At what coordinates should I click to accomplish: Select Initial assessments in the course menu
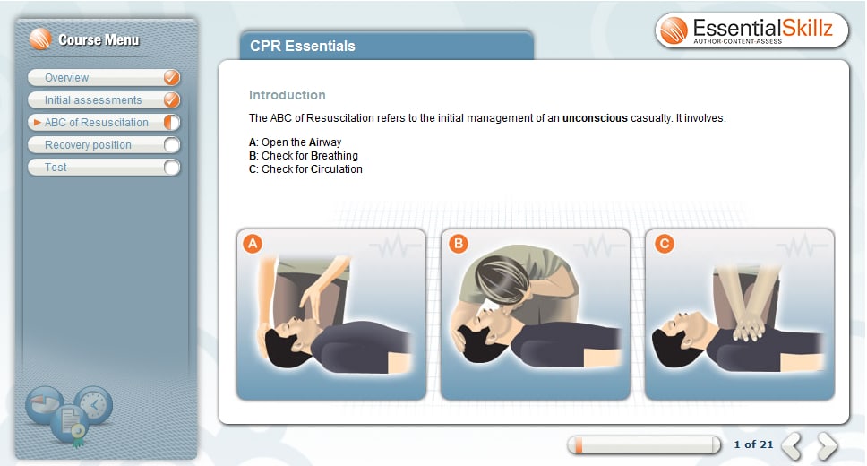93,100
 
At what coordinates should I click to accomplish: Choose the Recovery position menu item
88,145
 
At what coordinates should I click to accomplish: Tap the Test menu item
56,168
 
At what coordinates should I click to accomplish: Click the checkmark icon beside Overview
172,78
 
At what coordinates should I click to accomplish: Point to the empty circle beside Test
172,168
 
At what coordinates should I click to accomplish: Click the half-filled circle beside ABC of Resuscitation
172,123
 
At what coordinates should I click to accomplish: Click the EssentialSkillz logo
747,31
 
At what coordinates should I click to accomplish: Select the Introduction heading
287,95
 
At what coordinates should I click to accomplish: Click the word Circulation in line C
336,169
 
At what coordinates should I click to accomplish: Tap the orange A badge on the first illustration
253,244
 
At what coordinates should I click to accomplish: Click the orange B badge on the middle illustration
458,244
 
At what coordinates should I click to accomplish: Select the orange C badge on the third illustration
664,244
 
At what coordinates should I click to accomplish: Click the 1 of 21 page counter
752,444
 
